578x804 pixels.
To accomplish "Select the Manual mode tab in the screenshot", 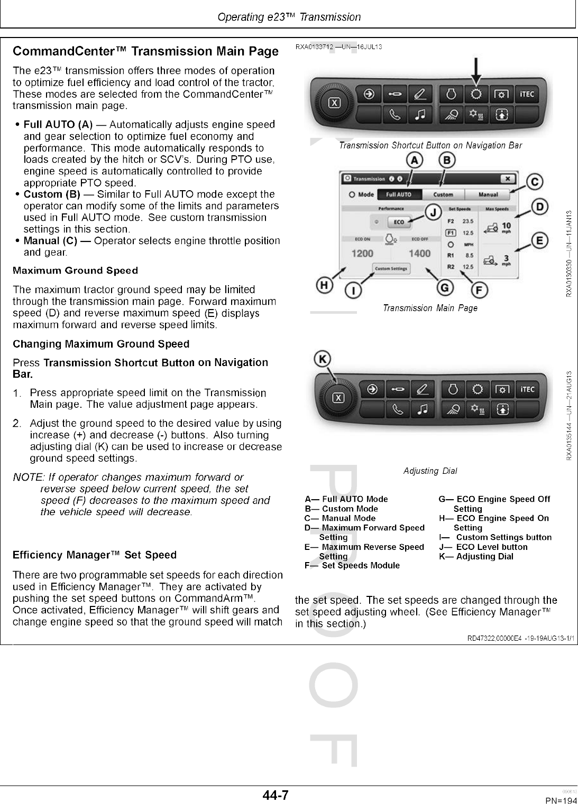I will pos(488,194).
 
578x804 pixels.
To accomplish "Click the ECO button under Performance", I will pos(399,222).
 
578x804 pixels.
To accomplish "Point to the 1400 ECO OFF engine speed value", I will pos(419,254).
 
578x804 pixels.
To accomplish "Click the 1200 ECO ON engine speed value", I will pos(362,254).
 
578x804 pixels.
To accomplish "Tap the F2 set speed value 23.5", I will pos(467,221).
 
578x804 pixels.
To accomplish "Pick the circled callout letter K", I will pos(322,359).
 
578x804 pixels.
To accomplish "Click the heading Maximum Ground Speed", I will pos(75,270).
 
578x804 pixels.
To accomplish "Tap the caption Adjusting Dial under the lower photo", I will pos(430,471).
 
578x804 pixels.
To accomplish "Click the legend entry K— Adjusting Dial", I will pos(476,556).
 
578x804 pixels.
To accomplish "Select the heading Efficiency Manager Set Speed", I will pos(94,555).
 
